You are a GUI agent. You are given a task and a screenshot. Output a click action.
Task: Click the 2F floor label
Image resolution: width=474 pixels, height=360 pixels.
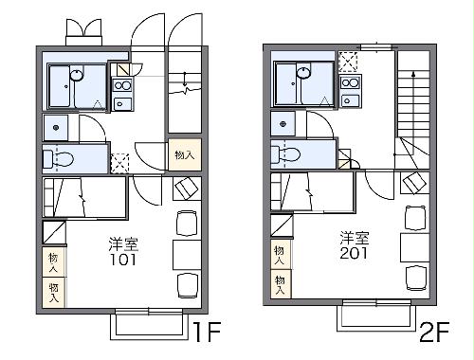pos(437,333)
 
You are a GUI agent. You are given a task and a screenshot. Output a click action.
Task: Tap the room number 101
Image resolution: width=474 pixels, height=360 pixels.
pos(121,258)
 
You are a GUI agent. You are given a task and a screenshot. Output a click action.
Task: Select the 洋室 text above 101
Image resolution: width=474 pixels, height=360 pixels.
pos(121,243)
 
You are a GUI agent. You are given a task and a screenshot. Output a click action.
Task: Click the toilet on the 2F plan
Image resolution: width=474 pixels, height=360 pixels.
pos(289,153)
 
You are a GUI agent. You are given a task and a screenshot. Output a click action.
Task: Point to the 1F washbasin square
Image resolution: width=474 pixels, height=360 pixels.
pos(56,126)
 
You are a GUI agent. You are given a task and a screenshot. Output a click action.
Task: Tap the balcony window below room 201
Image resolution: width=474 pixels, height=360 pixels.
pos(374,316)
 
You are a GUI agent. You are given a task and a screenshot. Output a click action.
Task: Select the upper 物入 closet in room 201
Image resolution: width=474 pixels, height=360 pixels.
pos(281,251)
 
